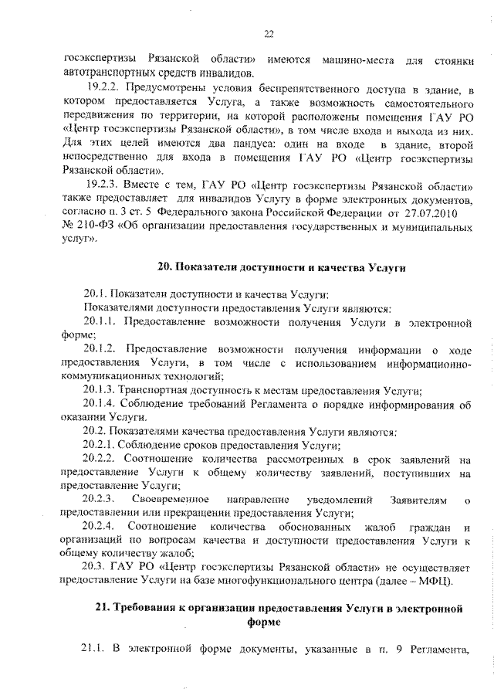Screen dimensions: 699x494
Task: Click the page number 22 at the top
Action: pos(269,33)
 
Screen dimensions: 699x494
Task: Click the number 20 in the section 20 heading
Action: pos(164,267)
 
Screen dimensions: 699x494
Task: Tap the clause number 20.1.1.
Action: pos(99,320)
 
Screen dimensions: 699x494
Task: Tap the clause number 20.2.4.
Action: pos(99,528)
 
